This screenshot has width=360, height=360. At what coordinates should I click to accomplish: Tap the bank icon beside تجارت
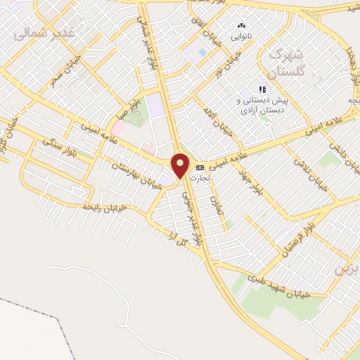pos(201,167)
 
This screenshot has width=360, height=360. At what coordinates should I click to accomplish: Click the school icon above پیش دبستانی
pos(262,89)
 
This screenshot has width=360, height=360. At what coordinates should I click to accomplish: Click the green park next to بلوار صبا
pos(136,117)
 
